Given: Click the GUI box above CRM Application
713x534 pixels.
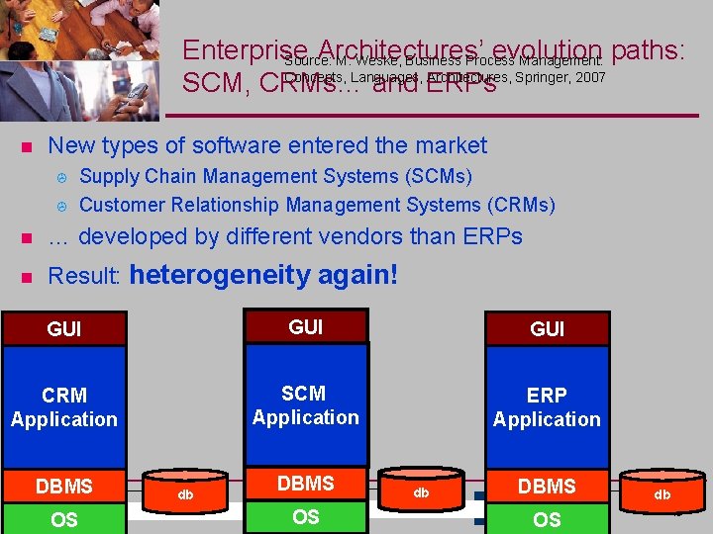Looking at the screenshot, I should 64,328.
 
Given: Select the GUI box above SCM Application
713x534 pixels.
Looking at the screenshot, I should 305,326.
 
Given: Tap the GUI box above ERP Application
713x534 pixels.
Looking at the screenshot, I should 547,328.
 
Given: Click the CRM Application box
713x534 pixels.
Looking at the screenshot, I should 64,406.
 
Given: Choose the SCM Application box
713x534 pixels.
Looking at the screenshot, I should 305,405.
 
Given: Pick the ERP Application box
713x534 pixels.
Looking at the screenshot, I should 547,406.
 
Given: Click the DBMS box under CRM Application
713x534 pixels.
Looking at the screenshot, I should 64,486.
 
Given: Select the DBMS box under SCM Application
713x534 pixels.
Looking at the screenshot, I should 305,484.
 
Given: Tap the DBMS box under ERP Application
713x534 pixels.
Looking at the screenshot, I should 547,486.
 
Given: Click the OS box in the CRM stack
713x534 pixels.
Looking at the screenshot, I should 64,519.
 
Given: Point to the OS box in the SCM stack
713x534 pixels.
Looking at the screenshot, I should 305,517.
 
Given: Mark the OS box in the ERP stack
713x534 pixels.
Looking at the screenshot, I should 547,519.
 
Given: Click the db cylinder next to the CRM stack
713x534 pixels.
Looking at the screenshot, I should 185,492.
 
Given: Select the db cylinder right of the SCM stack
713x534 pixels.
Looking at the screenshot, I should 421,490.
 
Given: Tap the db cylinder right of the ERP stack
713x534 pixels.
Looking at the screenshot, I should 662,492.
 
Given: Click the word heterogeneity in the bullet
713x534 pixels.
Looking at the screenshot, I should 221,274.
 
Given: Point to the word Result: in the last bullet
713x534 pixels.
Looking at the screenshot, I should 84,276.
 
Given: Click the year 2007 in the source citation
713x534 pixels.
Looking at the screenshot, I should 585,76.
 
